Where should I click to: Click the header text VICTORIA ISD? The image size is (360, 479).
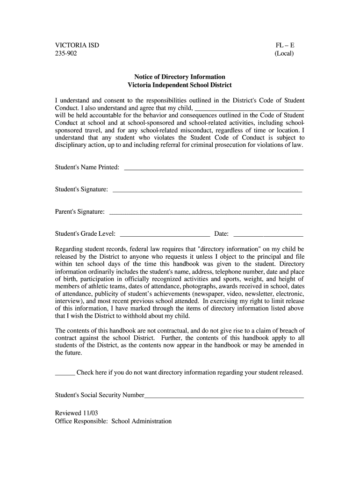[77, 46]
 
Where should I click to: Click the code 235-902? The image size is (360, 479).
[66, 54]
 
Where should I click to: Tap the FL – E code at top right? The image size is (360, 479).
[285, 46]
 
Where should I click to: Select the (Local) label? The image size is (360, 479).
[284, 54]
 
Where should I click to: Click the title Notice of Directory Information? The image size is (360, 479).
[180, 77]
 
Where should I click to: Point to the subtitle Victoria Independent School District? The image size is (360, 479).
[180, 85]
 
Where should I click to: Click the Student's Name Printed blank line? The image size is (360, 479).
[213, 168]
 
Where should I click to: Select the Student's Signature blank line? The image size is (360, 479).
[207, 191]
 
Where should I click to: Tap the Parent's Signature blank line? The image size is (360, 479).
[205, 213]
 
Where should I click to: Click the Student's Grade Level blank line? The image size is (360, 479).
[165, 235]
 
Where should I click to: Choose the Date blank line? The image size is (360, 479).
[268, 235]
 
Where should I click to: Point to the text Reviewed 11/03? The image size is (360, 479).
[76, 413]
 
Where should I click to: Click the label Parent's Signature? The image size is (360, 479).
[80, 212]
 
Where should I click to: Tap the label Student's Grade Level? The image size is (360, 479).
[85, 234]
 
